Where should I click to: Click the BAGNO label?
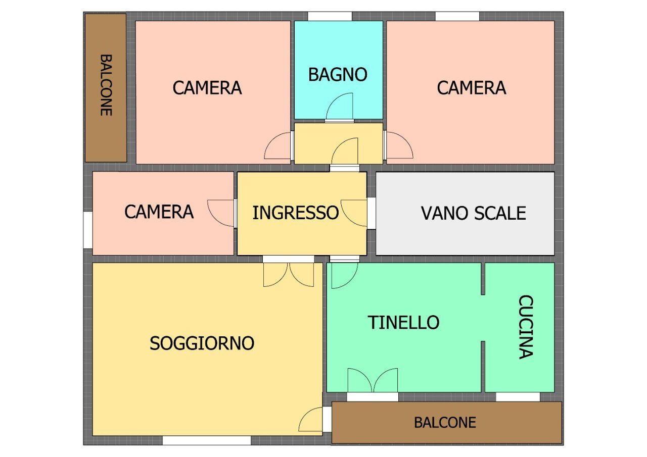click(x=338, y=75)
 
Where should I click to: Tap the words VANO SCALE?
click(x=473, y=213)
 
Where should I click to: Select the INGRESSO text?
click(x=295, y=213)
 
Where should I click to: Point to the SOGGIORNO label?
click(x=202, y=343)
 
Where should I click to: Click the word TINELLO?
click(x=403, y=322)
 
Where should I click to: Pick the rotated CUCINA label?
click(x=526, y=327)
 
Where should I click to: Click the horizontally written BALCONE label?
click(x=445, y=422)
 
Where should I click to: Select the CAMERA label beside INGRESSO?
click(x=159, y=212)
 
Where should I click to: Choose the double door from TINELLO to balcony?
click(x=373, y=381)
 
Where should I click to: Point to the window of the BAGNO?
click(x=330, y=16)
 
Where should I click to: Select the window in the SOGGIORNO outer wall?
click(x=206, y=440)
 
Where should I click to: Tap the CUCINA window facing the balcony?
click(x=518, y=397)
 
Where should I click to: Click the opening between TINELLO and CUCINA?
click(x=483, y=318)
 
